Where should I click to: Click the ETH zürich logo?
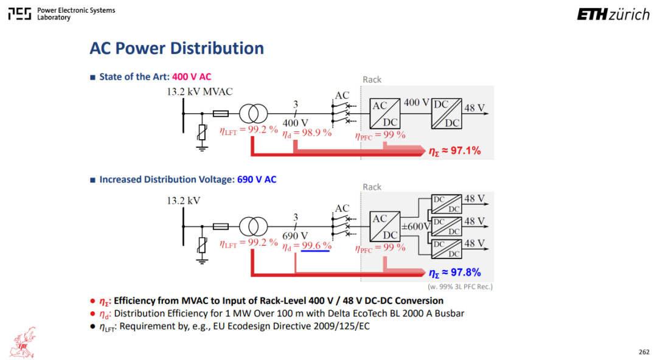[x=613, y=14]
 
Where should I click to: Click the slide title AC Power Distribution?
[x=176, y=48]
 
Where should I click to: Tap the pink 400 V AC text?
[x=192, y=77]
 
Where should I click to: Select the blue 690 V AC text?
[x=257, y=179]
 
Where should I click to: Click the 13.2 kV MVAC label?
[x=200, y=92]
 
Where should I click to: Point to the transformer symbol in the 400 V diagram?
[x=253, y=114]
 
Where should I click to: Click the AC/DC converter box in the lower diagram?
[x=384, y=227]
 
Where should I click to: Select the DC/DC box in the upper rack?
[x=447, y=114]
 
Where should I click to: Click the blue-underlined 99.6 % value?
[x=316, y=246]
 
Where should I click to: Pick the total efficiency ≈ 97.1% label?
[x=454, y=151]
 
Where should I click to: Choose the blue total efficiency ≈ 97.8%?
[x=454, y=273]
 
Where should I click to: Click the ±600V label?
[x=415, y=227]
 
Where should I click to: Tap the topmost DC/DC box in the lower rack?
[x=447, y=204]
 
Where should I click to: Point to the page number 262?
[x=644, y=352]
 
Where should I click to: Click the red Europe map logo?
[x=24, y=343]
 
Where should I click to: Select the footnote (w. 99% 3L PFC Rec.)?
[x=460, y=286]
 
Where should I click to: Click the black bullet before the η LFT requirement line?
[x=92, y=327]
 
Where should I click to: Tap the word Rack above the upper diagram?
[x=372, y=80]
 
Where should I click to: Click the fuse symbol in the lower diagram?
[x=221, y=227]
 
